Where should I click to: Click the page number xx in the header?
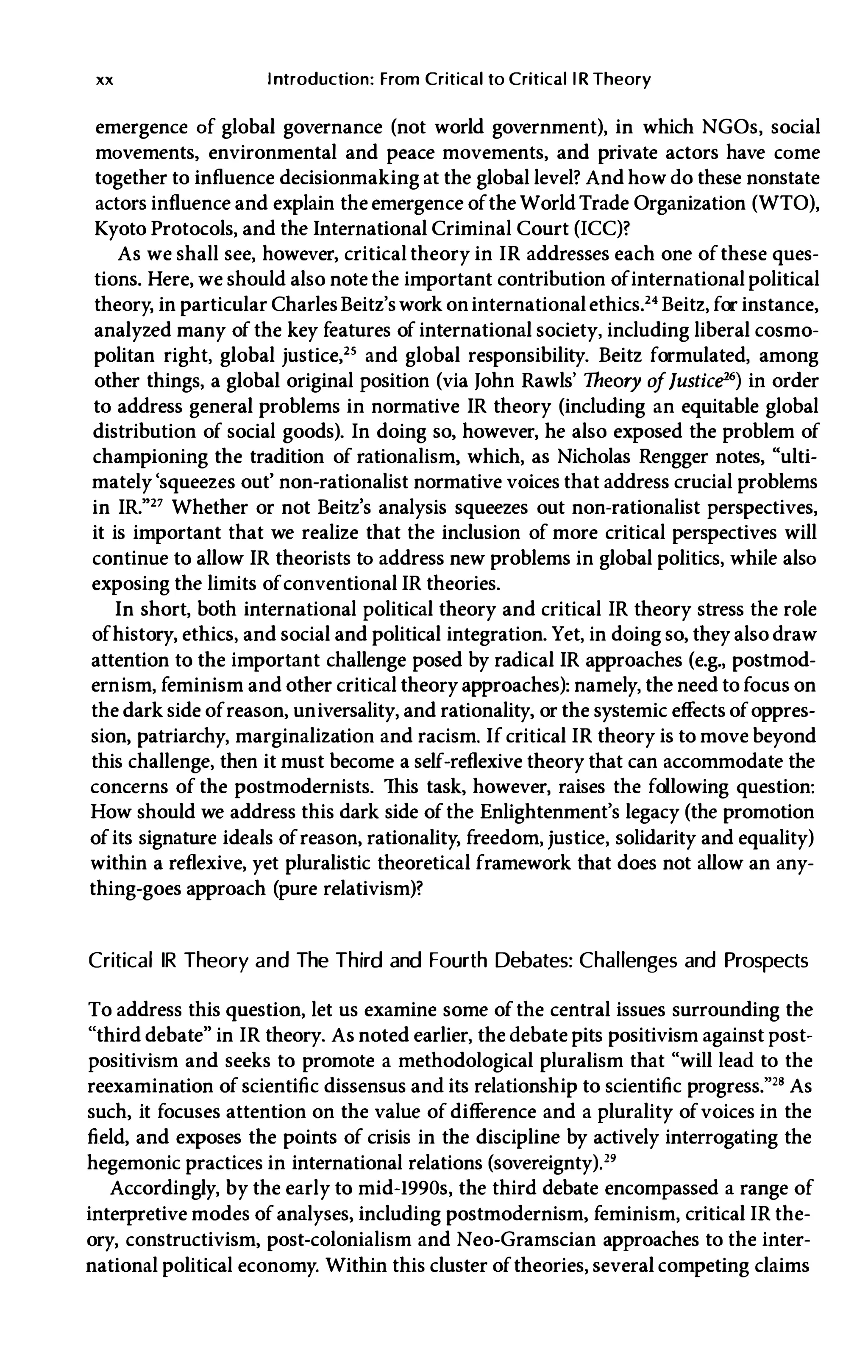105,80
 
